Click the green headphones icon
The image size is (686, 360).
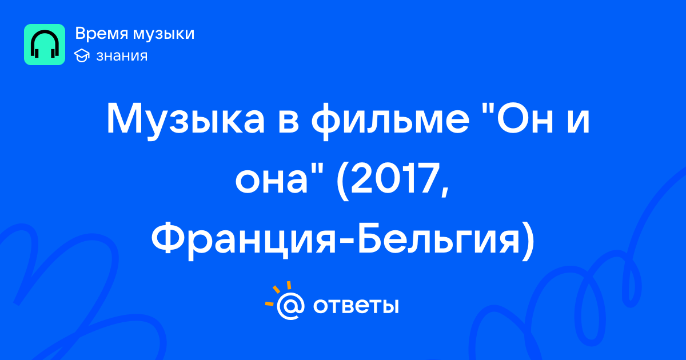[45, 45]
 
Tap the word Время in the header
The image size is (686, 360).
[101, 33]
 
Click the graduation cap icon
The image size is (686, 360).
[82, 55]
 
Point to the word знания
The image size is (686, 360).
[122, 56]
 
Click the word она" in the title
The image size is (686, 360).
[278, 178]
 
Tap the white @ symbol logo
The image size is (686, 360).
[290, 306]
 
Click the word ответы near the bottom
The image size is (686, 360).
[356, 306]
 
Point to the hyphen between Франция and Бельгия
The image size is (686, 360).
[347, 242]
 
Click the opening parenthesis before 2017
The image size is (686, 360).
[342, 181]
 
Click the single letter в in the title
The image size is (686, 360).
[288, 122]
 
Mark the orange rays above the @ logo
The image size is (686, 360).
[278, 293]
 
